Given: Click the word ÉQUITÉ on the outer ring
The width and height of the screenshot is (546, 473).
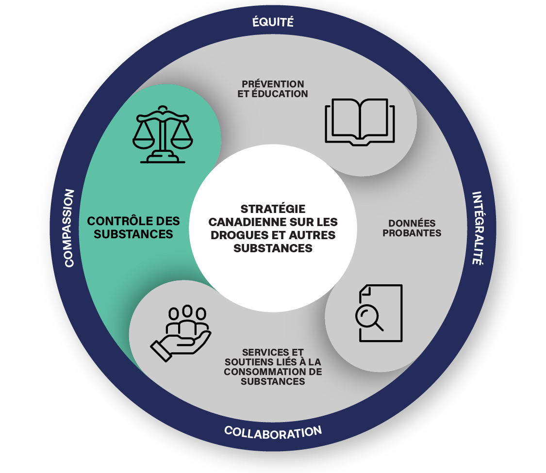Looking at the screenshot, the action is click(273, 21).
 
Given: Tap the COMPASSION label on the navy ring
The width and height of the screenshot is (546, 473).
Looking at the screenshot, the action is click(69, 228).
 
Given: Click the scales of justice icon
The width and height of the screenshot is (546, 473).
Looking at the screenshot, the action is click(163, 134).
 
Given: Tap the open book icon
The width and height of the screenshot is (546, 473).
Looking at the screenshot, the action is click(360, 122).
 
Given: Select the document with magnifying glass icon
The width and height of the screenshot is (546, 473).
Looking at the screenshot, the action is click(379, 313).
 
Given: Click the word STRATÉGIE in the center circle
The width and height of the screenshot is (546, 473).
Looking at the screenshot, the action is click(273, 209).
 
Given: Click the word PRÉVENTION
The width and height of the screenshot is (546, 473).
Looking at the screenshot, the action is click(273, 84).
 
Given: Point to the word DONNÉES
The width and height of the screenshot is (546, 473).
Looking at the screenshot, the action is click(412, 223).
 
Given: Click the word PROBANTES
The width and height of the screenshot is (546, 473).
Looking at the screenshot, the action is click(412, 233).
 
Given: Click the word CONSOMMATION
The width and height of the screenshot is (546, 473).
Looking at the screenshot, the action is click(263, 372).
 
